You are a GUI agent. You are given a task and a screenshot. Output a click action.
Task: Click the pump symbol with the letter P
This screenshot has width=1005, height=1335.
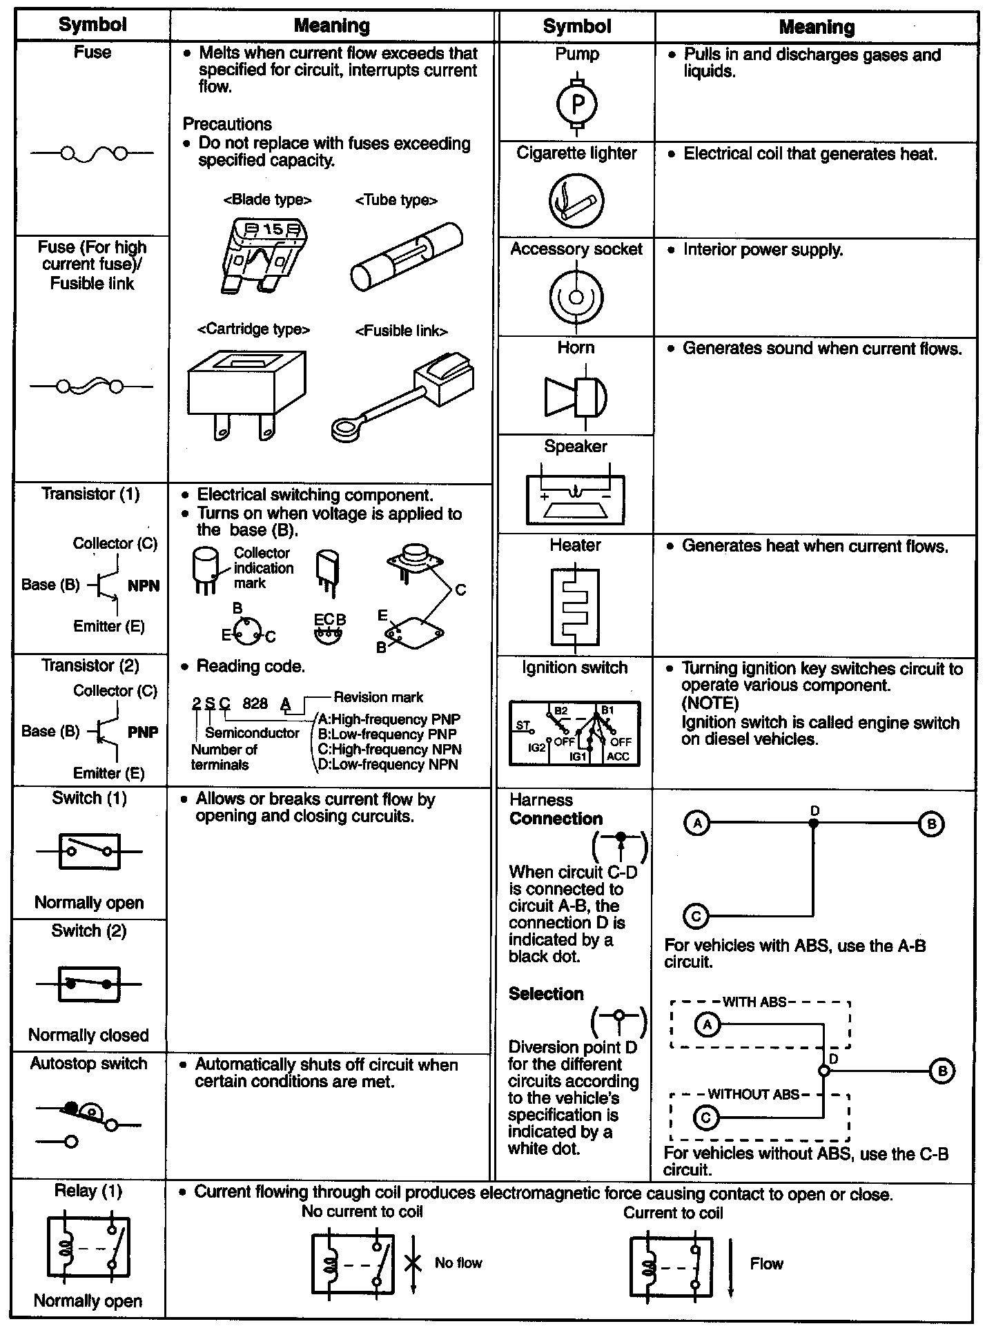click(x=578, y=104)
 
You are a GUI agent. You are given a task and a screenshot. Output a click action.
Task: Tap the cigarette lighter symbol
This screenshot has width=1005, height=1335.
click(x=576, y=200)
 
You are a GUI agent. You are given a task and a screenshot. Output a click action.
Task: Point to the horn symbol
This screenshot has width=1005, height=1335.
click(x=576, y=396)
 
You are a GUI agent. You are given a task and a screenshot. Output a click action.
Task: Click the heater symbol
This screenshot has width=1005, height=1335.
click(x=575, y=607)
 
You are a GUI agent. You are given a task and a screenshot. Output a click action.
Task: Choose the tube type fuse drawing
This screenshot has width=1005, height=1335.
click(x=407, y=256)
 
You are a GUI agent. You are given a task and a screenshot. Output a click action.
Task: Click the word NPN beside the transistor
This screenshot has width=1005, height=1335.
click(x=144, y=586)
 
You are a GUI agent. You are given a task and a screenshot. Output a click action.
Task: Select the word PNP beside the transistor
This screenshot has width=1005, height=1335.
click(x=143, y=732)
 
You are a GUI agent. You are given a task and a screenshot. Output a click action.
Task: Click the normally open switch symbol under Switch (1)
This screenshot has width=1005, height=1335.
click(x=89, y=852)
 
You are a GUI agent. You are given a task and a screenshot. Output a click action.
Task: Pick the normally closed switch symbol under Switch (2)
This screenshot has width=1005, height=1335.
click(x=89, y=984)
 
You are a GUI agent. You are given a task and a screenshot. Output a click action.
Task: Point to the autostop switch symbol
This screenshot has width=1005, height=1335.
click(x=88, y=1124)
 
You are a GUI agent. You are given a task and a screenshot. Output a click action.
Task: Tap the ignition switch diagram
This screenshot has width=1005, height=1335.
click(x=574, y=734)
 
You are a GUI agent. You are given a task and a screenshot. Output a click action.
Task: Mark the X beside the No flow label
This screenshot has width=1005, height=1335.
click(x=413, y=1263)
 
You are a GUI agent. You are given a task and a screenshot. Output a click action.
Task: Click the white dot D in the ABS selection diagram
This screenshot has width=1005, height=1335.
click(x=823, y=1071)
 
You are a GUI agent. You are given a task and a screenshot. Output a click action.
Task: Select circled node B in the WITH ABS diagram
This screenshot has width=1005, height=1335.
click(x=942, y=1071)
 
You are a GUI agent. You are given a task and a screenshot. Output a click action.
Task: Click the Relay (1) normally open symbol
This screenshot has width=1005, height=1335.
click(x=88, y=1248)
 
